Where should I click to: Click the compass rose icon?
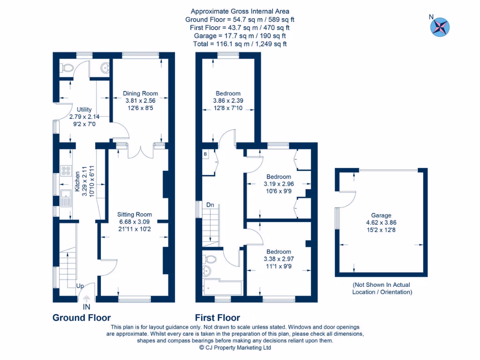click(439, 27)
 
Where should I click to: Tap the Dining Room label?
click(140, 93)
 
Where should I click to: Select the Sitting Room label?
click(134, 214)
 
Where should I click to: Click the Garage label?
click(381, 216)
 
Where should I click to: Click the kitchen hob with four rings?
click(65, 171)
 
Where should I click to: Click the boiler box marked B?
click(205, 154)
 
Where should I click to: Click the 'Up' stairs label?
click(80, 286)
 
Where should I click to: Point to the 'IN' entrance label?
click(86, 307)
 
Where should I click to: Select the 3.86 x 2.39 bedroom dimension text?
click(228, 101)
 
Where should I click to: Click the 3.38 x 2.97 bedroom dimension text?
click(278, 259)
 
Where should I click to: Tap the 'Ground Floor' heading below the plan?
click(82, 318)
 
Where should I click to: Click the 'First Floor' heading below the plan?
click(217, 318)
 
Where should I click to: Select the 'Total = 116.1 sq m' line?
click(240, 44)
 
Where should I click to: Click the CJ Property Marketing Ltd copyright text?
click(235, 348)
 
